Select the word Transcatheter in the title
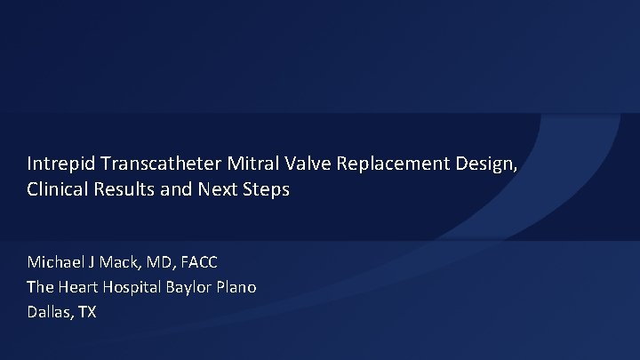point(151,164)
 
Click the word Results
point(124,190)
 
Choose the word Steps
point(265,190)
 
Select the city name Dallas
point(49,312)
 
